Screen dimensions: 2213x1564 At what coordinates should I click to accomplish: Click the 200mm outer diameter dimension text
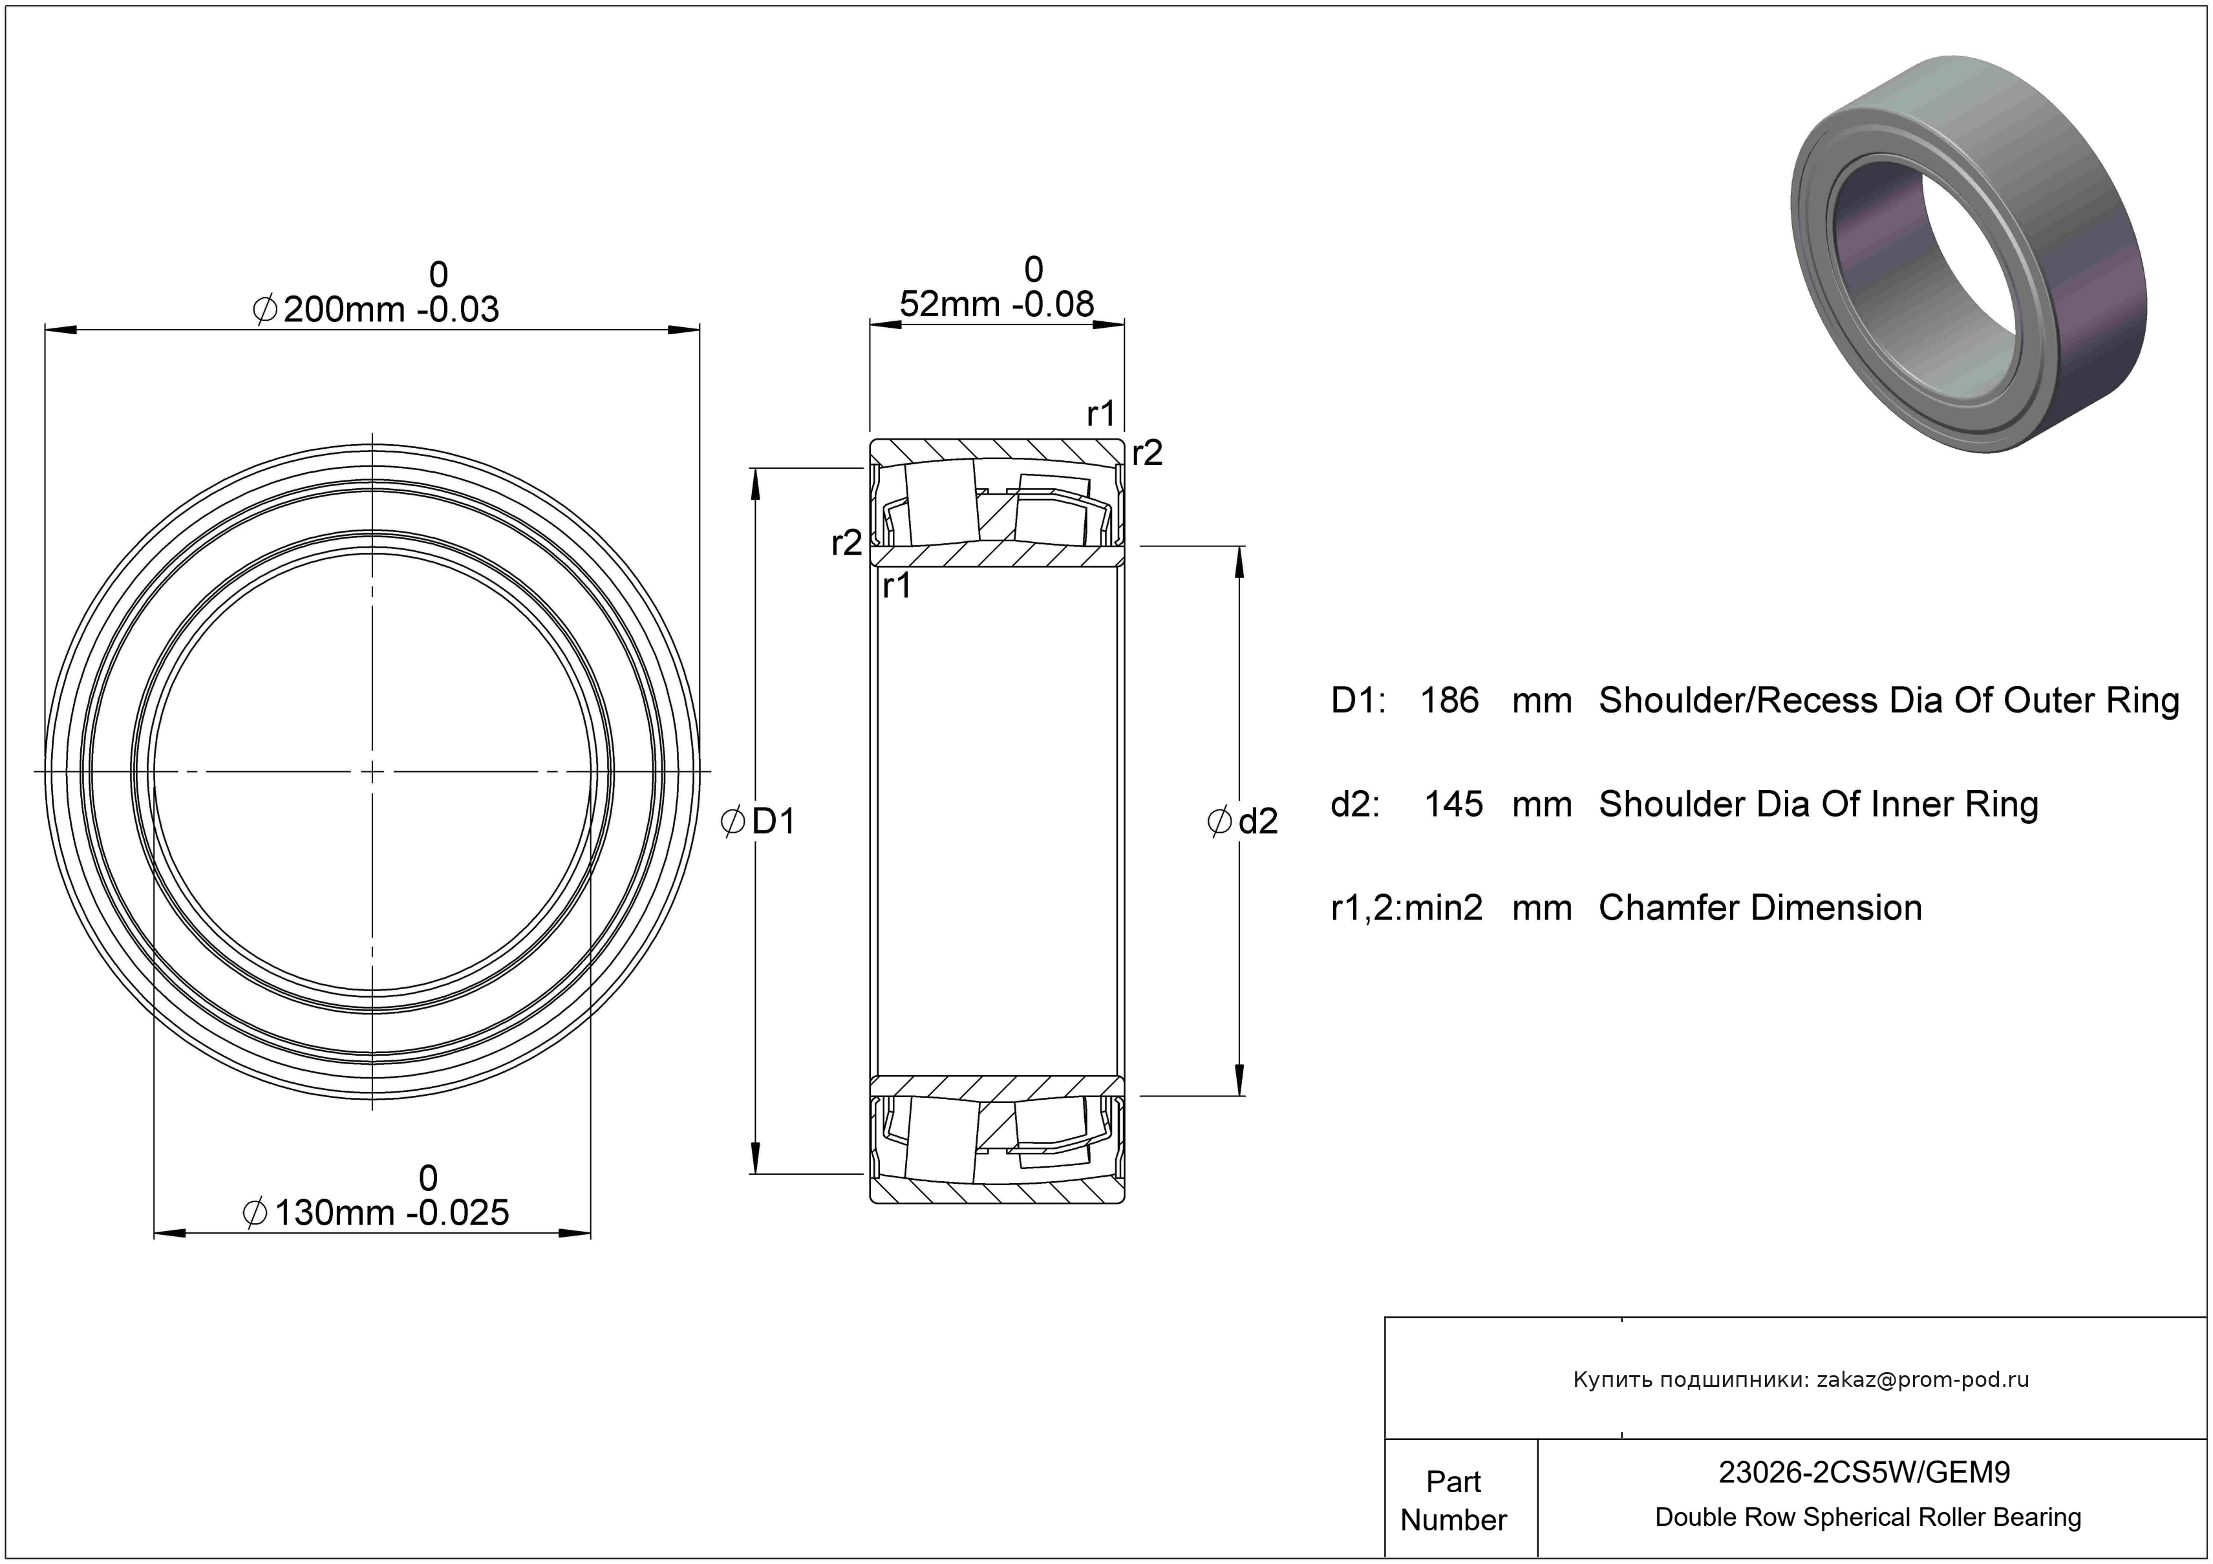point(343,309)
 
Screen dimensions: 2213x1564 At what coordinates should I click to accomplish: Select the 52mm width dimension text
point(949,305)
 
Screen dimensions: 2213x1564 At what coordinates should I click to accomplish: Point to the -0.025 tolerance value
point(458,1212)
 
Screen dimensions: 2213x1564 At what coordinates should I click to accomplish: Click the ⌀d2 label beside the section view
point(1243,821)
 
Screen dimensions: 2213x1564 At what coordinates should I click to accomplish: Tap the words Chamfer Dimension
point(1760,908)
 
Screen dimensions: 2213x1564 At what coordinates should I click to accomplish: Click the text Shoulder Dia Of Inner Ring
point(1819,804)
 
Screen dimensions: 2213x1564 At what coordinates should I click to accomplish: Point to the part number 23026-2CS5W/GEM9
point(1865,1472)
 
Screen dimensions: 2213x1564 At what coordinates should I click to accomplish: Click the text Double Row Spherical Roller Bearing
point(1868,1517)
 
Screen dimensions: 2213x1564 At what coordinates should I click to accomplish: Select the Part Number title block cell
point(1453,1501)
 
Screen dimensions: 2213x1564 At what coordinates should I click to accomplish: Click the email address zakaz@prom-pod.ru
point(1923,1380)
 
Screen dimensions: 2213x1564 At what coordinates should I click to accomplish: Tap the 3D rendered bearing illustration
point(1967,253)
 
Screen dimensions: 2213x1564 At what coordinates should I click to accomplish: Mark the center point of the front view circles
point(373,772)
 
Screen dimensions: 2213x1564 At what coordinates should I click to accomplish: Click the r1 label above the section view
point(1101,414)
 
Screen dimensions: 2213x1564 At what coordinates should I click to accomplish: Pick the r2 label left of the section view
point(846,544)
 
